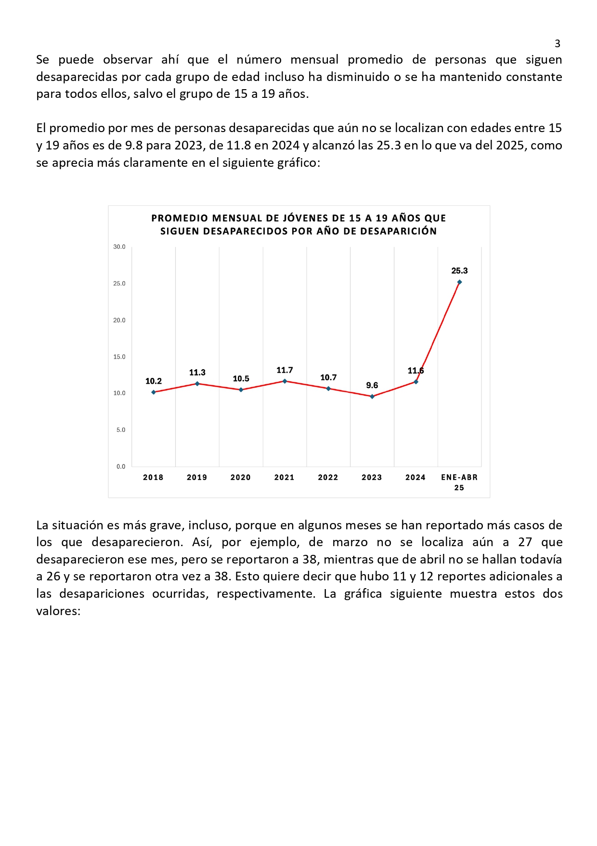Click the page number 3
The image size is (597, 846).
pyautogui.click(x=558, y=43)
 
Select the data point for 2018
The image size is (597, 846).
pyautogui.click(x=154, y=392)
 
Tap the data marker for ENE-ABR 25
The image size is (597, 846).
pyautogui.click(x=460, y=282)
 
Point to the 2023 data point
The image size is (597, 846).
pyautogui.click(x=372, y=397)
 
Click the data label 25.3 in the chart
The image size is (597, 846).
pyautogui.click(x=460, y=271)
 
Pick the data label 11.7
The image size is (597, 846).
pyautogui.click(x=285, y=370)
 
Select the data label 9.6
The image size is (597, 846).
pyautogui.click(x=372, y=385)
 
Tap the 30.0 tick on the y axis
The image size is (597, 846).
pyautogui.click(x=119, y=247)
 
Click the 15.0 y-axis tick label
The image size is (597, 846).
pyautogui.click(x=119, y=357)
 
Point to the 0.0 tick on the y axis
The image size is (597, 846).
pyautogui.click(x=121, y=467)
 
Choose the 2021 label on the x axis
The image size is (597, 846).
pyautogui.click(x=285, y=477)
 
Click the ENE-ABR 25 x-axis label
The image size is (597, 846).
pyautogui.click(x=459, y=483)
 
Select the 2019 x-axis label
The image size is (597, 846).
pyautogui.click(x=197, y=477)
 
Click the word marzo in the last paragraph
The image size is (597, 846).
pyautogui.click(x=350, y=542)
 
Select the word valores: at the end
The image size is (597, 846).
pyautogui.click(x=58, y=611)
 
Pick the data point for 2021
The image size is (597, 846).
pyautogui.click(x=285, y=381)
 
